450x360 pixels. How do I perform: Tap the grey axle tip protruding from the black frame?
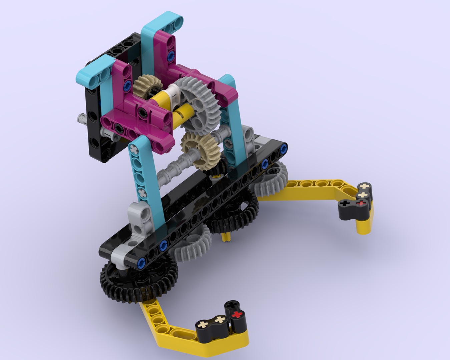point(81,118)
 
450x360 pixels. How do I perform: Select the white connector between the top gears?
point(173,92)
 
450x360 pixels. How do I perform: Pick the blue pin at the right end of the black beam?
point(284,148)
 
